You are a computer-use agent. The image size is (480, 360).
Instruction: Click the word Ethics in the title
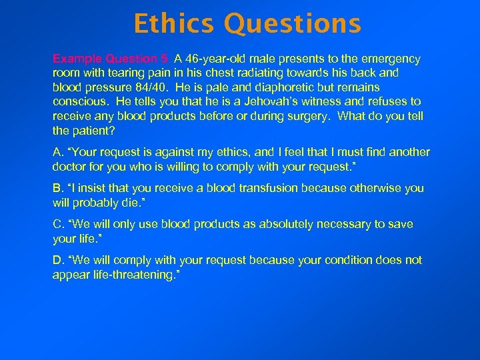click(175, 24)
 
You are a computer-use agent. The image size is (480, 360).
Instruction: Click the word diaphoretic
click(265, 87)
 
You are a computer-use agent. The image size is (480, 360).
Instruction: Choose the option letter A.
click(57, 153)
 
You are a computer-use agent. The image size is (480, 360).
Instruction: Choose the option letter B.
click(57, 189)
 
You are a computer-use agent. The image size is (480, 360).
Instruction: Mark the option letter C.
click(57, 225)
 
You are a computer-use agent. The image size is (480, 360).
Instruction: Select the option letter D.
click(57, 260)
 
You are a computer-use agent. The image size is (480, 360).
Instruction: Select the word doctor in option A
click(69, 167)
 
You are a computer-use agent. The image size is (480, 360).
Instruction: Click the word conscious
click(79, 102)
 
